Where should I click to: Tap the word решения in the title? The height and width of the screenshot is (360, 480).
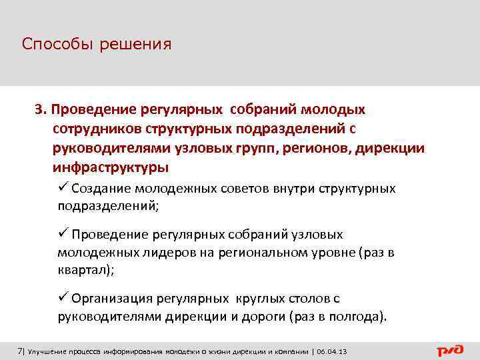tap(136, 45)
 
